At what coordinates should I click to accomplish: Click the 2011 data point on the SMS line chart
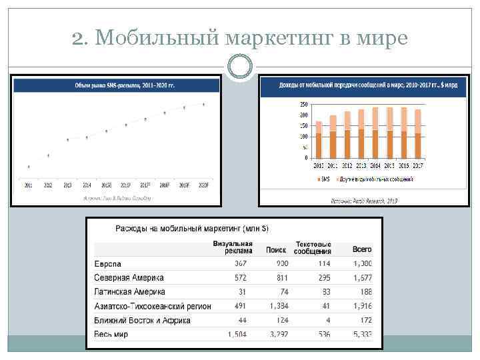(28, 167)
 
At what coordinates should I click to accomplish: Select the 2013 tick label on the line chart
(67, 185)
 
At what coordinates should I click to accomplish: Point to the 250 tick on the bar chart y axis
(304, 105)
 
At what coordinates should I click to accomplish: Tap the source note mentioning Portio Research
(364, 200)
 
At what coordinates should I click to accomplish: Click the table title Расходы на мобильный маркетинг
(192, 229)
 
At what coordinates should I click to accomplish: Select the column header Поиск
(275, 250)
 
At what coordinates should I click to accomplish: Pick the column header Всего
(361, 249)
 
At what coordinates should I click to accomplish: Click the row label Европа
(107, 264)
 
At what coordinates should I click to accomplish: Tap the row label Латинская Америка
(129, 292)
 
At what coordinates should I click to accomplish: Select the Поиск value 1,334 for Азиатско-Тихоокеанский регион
(278, 306)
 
